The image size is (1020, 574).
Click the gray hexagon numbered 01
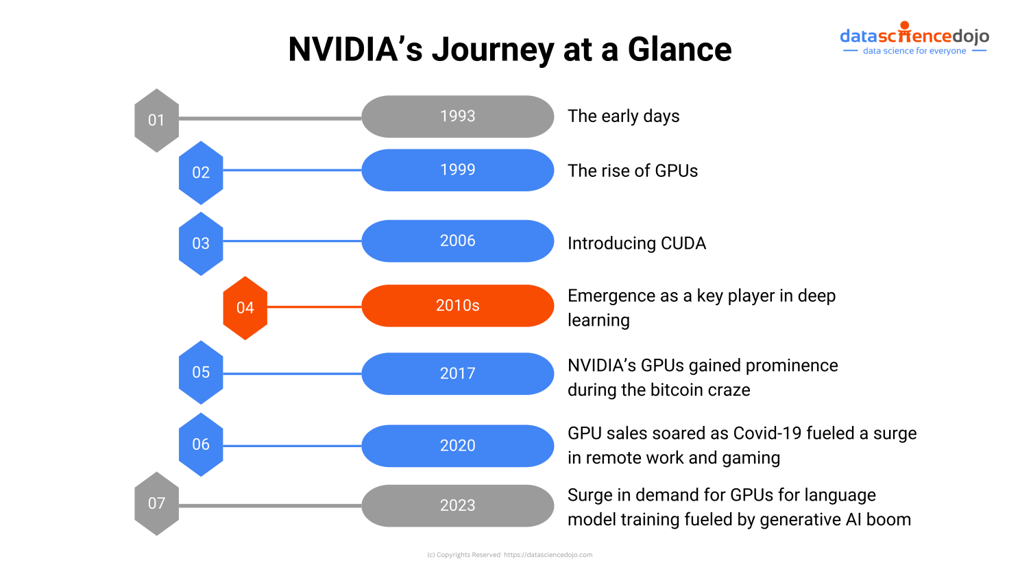[156, 120]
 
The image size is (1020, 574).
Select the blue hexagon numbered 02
[201, 173]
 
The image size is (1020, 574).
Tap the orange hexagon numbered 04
[245, 308]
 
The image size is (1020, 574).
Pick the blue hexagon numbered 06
[201, 444]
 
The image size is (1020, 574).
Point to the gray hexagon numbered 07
[156, 503]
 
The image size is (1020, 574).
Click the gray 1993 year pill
[457, 117]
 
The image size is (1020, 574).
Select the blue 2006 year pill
[457, 241]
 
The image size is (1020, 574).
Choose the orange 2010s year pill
[457, 306]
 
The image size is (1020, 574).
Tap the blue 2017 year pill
[457, 374]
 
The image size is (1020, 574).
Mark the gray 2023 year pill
[457, 505]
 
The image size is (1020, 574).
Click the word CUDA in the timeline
[683, 243]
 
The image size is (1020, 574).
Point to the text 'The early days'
[623, 117]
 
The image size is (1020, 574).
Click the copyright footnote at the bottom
[509, 555]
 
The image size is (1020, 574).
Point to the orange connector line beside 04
[314, 307]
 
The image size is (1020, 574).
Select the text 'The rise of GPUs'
[632, 171]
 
